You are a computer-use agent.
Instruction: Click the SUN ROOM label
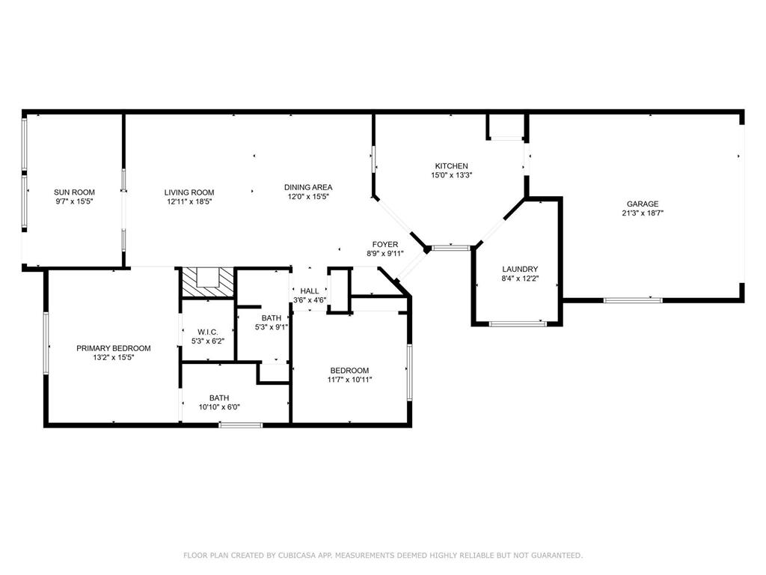tap(74, 192)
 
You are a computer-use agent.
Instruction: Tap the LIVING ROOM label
tap(189, 192)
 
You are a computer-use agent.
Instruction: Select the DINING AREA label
tap(308, 187)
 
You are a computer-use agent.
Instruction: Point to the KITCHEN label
tap(451, 166)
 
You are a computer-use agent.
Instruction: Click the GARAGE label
tap(643, 204)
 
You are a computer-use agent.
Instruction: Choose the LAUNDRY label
tap(520, 269)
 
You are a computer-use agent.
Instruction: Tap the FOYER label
tap(385, 245)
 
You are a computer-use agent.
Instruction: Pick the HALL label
tap(309, 291)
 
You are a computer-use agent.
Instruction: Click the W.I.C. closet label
tap(208, 332)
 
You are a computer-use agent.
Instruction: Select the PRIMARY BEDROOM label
tap(114, 348)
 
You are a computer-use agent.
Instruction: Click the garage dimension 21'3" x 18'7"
tap(643, 213)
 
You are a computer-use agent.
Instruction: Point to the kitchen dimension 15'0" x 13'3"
tap(451, 175)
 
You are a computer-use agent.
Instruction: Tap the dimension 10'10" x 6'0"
tap(219, 407)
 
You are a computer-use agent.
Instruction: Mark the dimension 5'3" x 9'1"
tap(271, 327)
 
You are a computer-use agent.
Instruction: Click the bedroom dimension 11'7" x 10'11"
tap(349, 380)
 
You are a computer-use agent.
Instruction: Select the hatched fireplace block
tap(208, 283)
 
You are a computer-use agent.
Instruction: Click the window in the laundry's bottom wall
tap(518, 323)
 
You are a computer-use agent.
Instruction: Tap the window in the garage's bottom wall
tap(633, 300)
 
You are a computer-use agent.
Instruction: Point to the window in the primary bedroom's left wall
tap(46, 343)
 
